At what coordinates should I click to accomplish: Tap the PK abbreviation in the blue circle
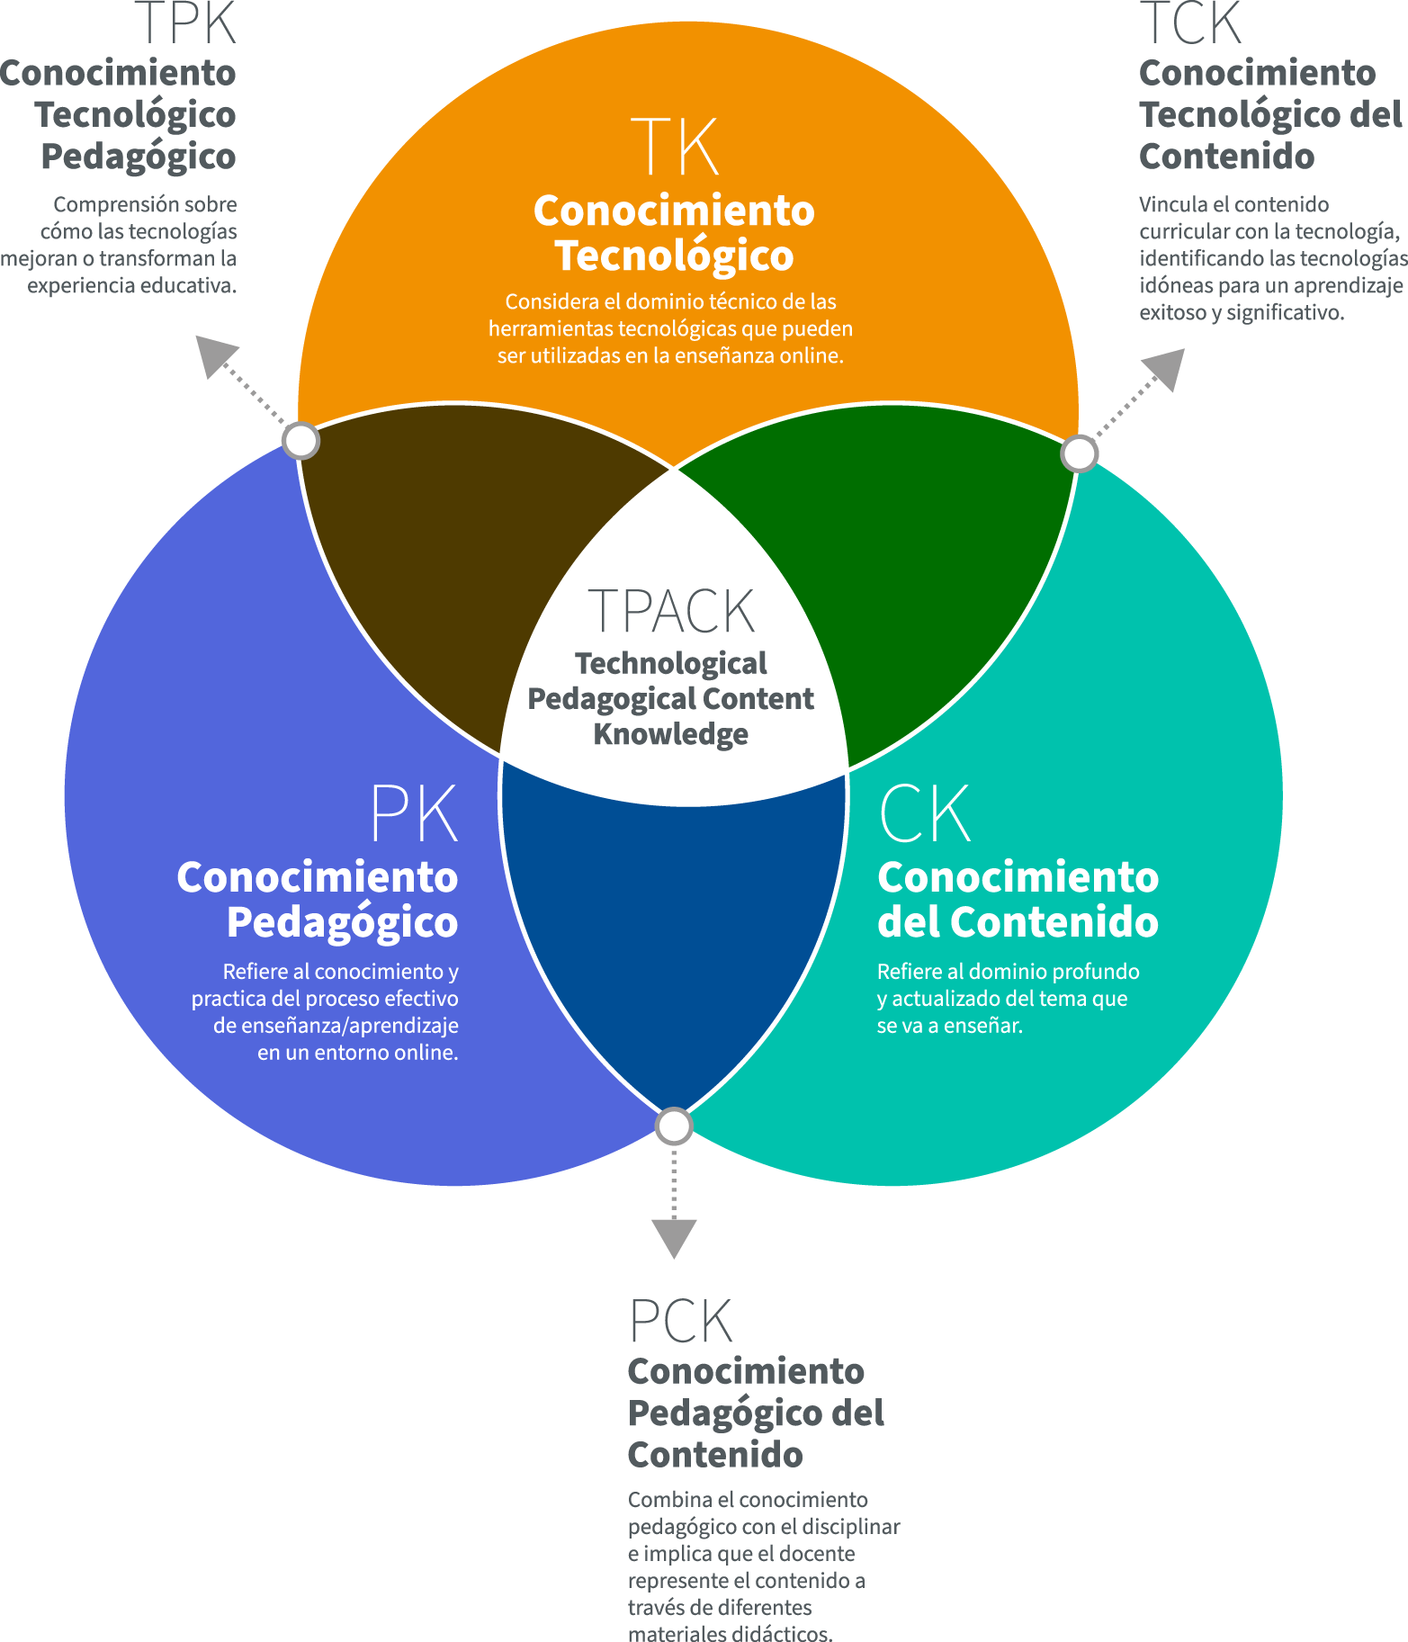[x=414, y=813]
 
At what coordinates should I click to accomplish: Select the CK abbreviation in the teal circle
[x=925, y=813]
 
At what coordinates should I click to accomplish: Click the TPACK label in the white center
[x=671, y=612]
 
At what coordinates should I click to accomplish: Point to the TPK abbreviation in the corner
[x=185, y=22]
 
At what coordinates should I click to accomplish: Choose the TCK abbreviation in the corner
[x=1190, y=22]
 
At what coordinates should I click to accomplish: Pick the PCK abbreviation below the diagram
[x=681, y=1322]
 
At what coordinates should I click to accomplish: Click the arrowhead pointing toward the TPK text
[x=214, y=354]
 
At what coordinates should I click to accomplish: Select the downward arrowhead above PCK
[x=674, y=1238]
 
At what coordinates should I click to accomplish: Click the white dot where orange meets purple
[x=301, y=441]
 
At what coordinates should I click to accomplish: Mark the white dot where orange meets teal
[x=1079, y=453]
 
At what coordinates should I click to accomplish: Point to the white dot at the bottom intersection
[x=674, y=1126]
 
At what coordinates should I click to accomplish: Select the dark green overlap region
[x=909, y=558]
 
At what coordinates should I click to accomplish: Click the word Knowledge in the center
[x=670, y=734]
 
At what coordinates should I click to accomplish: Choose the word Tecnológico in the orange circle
[x=674, y=256]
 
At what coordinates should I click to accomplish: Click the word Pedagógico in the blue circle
[x=342, y=922]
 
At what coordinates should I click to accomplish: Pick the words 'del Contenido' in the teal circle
[x=1018, y=922]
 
